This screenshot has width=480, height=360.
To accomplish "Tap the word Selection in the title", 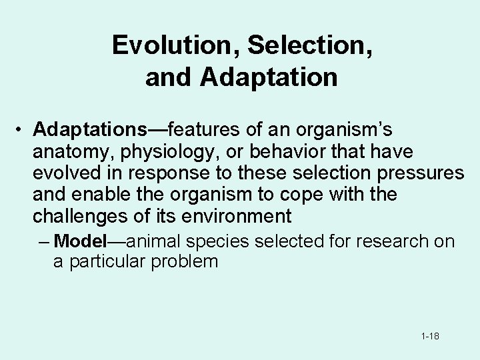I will click(287, 45).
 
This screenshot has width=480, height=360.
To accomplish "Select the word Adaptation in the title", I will click(269, 77).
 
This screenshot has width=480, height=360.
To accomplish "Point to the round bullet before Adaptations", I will click(22, 129).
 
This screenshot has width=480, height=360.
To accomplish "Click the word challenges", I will click(79, 216).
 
